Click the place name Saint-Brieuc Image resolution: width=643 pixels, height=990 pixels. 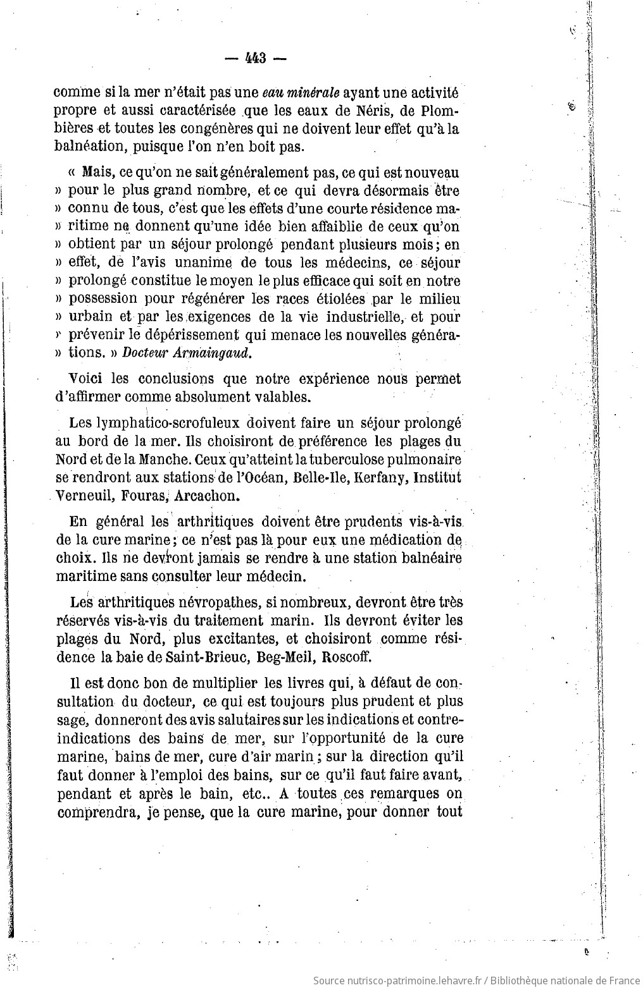[205, 656]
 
